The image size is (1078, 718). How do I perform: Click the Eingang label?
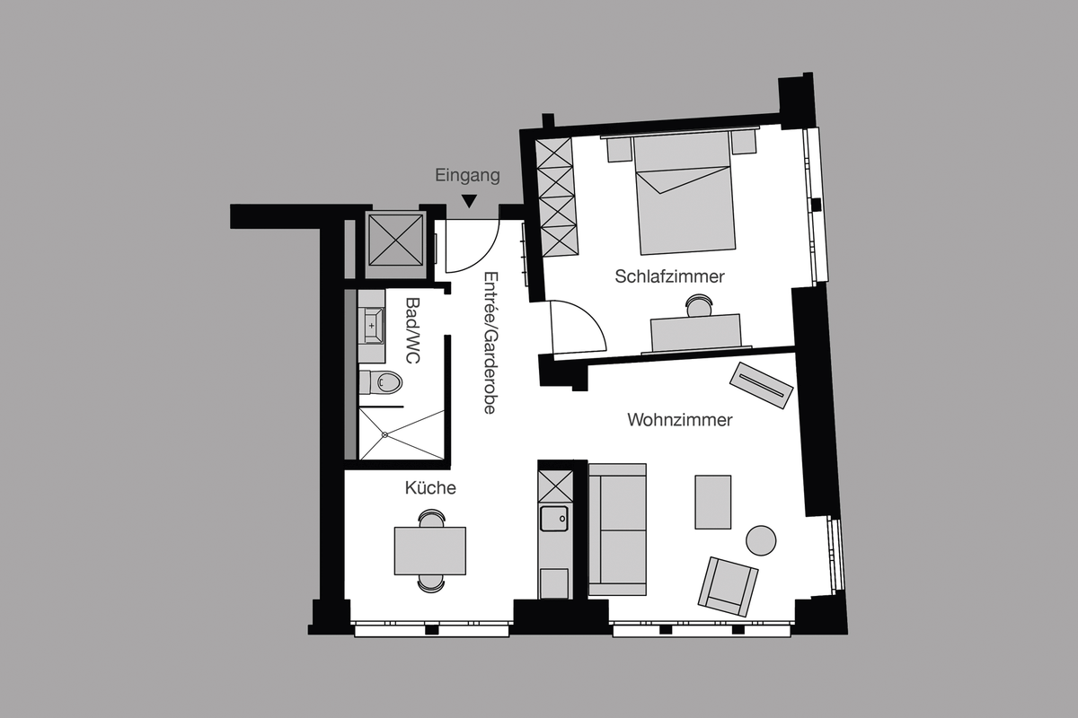pyautogui.click(x=467, y=176)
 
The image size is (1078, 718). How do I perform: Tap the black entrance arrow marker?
pyautogui.click(x=469, y=202)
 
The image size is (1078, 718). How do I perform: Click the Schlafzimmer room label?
pyautogui.click(x=669, y=276)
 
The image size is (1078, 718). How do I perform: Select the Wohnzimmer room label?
pyautogui.click(x=680, y=419)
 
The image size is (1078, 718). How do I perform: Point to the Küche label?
pyautogui.click(x=430, y=488)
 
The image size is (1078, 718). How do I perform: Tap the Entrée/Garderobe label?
pyautogui.click(x=490, y=342)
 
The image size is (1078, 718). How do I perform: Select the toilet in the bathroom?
pyautogui.click(x=384, y=383)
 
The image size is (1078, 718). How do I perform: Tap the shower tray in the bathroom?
pyautogui.click(x=401, y=435)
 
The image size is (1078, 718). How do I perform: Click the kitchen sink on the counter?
pyautogui.click(x=553, y=518)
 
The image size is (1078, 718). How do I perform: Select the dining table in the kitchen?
pyautogui.click(x=429, y=550)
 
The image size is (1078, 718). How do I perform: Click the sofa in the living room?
pyautogui.click(x=617, y=530)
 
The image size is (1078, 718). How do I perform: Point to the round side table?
pyautogui.click(x=761, y=540)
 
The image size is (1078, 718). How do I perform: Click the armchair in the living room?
pyautogui.click(x=728, y=586)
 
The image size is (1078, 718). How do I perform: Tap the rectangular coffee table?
pyautogui.click(x=712, y=502)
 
